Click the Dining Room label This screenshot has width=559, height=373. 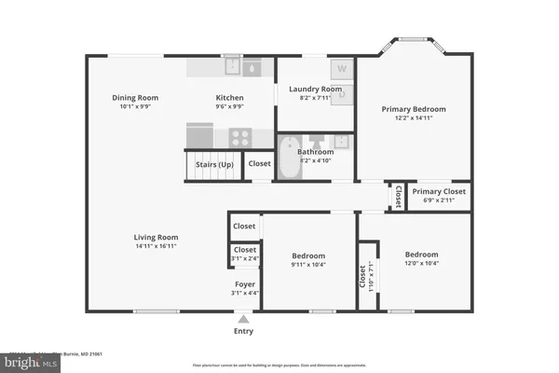[135, 97]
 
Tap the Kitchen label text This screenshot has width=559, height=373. [230, 97]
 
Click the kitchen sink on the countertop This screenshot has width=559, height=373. [252, 67]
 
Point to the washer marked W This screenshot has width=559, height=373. [341, 69]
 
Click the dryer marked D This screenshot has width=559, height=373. [341, 91]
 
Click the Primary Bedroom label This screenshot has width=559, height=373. [414, 109]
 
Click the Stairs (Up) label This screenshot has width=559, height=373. [212, 164]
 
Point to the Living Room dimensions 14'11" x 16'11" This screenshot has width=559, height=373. [156, 247]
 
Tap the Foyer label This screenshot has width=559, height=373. [245, 283]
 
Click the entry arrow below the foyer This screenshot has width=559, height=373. [244, 319]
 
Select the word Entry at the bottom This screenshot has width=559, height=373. [244, 331]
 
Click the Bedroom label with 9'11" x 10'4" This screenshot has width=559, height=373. [308, 256]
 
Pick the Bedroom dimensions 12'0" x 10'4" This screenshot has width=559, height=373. [422, 264]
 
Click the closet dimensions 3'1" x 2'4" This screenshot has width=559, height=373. [245, 259]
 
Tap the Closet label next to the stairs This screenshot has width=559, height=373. [260, 163]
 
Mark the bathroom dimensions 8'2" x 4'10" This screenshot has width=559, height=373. [315, 160]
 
